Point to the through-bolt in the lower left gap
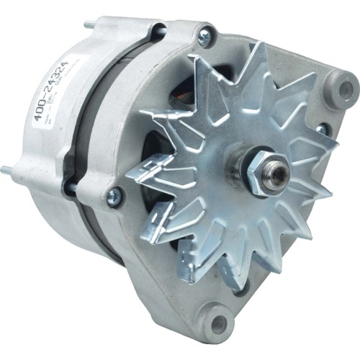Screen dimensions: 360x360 (72, 189)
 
